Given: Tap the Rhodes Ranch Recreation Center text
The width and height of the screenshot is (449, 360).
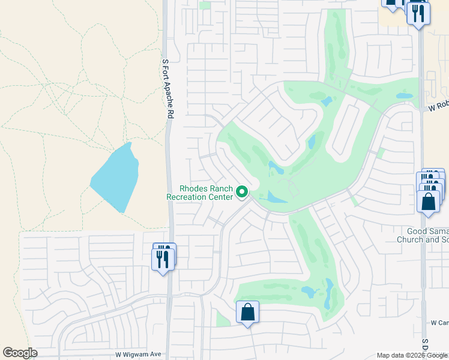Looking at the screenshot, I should (x=199, y=193).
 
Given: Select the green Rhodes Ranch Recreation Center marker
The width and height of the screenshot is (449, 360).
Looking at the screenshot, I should (x=243, y=192).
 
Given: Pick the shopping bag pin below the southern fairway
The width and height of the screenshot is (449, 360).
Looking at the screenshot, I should (x=247, y=313).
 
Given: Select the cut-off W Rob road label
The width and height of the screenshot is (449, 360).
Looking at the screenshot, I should (x=438, y=106).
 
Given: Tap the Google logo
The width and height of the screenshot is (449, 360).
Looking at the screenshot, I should (x=20, y=353).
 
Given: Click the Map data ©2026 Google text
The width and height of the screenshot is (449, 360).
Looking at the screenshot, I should (x=412, y=355).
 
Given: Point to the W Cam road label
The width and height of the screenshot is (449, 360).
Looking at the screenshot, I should (x=439, y=323).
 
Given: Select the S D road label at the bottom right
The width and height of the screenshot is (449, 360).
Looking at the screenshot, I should (x=424, y=345).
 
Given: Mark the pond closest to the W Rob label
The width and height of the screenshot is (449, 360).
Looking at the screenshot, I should (x=405, y=95).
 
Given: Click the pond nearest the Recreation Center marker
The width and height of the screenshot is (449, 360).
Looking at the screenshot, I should (x=276, y=197).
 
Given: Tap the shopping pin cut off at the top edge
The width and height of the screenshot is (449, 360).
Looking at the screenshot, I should (x=393, y=3).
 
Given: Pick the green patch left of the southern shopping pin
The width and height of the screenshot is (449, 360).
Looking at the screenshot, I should (x=223, y=319).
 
